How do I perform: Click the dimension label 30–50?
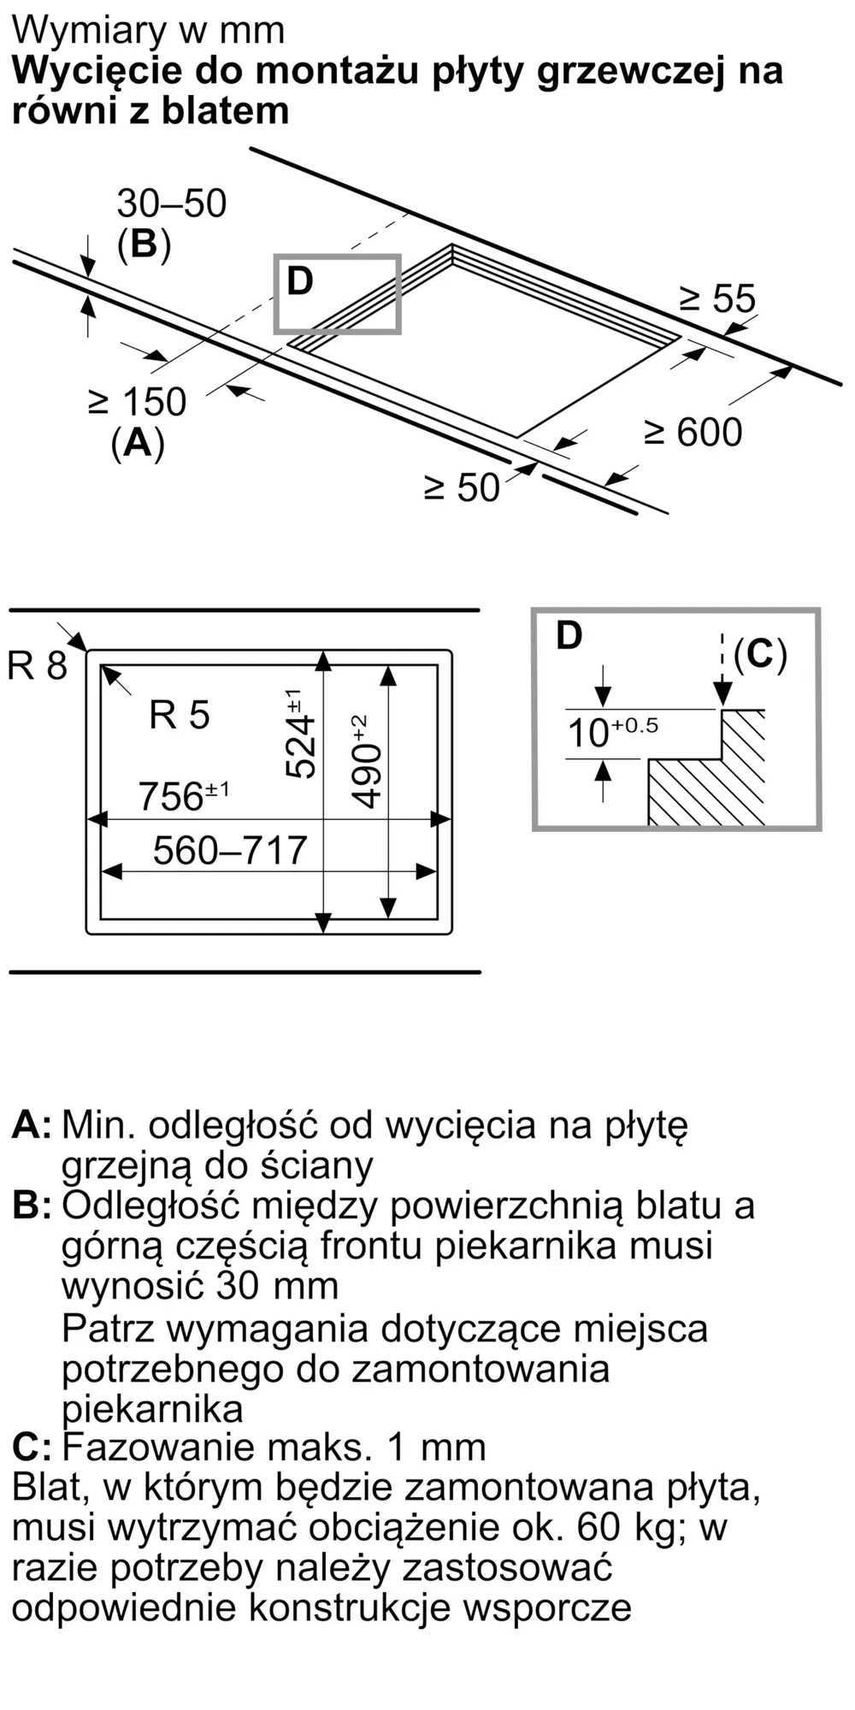(x=172, y=203)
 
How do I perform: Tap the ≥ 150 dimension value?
(x=137, y=402)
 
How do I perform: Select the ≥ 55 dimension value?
(x=718, y=298)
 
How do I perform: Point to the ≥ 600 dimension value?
(x=693, y=432)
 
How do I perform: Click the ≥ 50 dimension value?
(x=463, y=487)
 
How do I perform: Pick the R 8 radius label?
(x=37, y=664)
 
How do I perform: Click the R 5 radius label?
(x=180, y=715)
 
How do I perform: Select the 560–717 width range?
(x=230, y=850)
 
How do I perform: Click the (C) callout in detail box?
(x=760, y=654)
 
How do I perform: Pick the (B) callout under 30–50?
(x=144, y=245)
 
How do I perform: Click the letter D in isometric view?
(x=300, y=281)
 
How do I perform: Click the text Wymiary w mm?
(x=148, y=31)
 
